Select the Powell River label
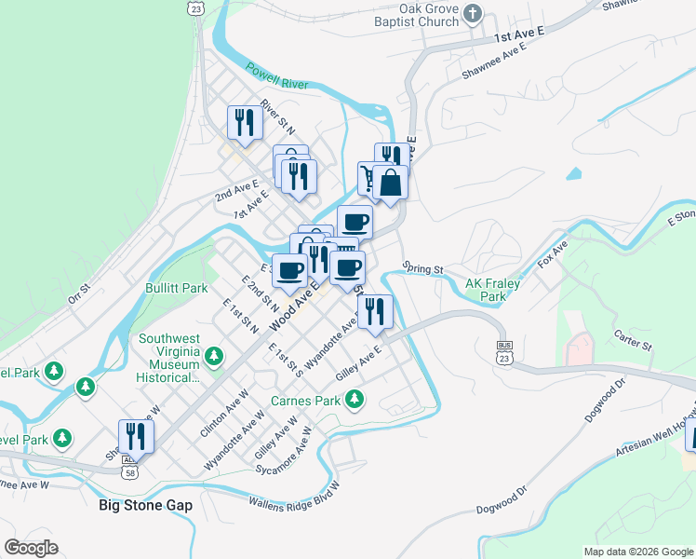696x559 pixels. click(276, 76)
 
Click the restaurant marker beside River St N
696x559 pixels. click(245, 123)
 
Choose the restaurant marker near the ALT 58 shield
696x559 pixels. click(136, 438)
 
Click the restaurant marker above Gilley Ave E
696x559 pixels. click(374, 311)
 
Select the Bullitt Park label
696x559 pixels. click(176, 289)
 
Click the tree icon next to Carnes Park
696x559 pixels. click(354, 400)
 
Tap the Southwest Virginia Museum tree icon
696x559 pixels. click(214, 356)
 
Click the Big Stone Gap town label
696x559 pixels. click(145, 505)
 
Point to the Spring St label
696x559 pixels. click(424, 269)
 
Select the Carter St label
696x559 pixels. click(633, 338)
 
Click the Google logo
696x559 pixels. click(31, 548)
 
